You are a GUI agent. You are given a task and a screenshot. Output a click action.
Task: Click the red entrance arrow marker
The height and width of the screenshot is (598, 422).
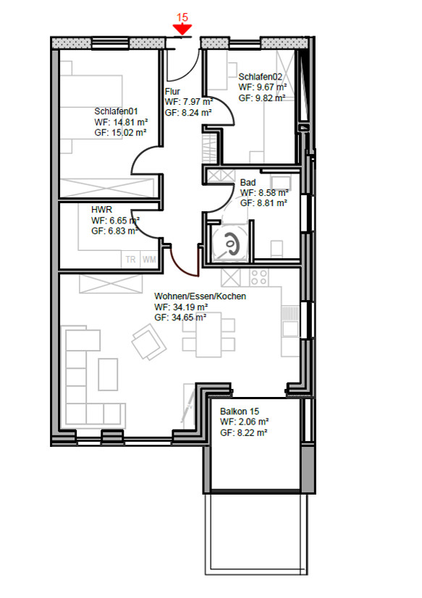coord(182,30)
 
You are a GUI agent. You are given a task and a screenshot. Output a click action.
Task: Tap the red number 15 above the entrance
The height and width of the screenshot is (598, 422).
coord(182,17)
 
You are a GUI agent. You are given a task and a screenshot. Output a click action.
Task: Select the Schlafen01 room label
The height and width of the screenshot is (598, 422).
coord(116,111)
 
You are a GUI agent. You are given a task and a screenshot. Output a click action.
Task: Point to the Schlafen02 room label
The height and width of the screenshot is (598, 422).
coord(260,77)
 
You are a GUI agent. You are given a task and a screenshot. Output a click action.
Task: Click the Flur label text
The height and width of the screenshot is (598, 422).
coord(172,92)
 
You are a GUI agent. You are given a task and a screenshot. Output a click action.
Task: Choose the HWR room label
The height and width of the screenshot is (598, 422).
coord(101,210)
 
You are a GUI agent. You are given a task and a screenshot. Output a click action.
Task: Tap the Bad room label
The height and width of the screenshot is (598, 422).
coord(248,183)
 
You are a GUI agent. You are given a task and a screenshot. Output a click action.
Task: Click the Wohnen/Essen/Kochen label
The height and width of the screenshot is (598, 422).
coord(200,296)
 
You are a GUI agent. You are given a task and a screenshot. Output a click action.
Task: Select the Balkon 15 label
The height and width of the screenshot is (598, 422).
coord(240,411)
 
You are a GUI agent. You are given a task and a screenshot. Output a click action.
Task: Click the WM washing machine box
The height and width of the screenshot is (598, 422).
coord(149,260)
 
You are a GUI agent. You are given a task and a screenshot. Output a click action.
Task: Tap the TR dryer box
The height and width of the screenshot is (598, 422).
coord(130,260)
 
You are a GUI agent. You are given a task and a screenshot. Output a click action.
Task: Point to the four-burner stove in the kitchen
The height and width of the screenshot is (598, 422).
coord(259,277)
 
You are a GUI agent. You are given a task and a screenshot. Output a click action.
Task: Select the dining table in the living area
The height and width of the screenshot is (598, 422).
coord(208,335)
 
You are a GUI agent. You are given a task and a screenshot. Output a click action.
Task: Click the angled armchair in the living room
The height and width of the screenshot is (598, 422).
coord(148,342)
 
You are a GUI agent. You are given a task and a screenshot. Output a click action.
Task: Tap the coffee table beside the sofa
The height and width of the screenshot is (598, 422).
coord(108,374)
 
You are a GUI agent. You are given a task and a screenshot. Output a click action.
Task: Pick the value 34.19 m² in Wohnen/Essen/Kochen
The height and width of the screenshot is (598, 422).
coord(188,307)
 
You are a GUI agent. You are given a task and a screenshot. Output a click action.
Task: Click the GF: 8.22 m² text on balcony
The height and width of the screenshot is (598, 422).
coord(243,433)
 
